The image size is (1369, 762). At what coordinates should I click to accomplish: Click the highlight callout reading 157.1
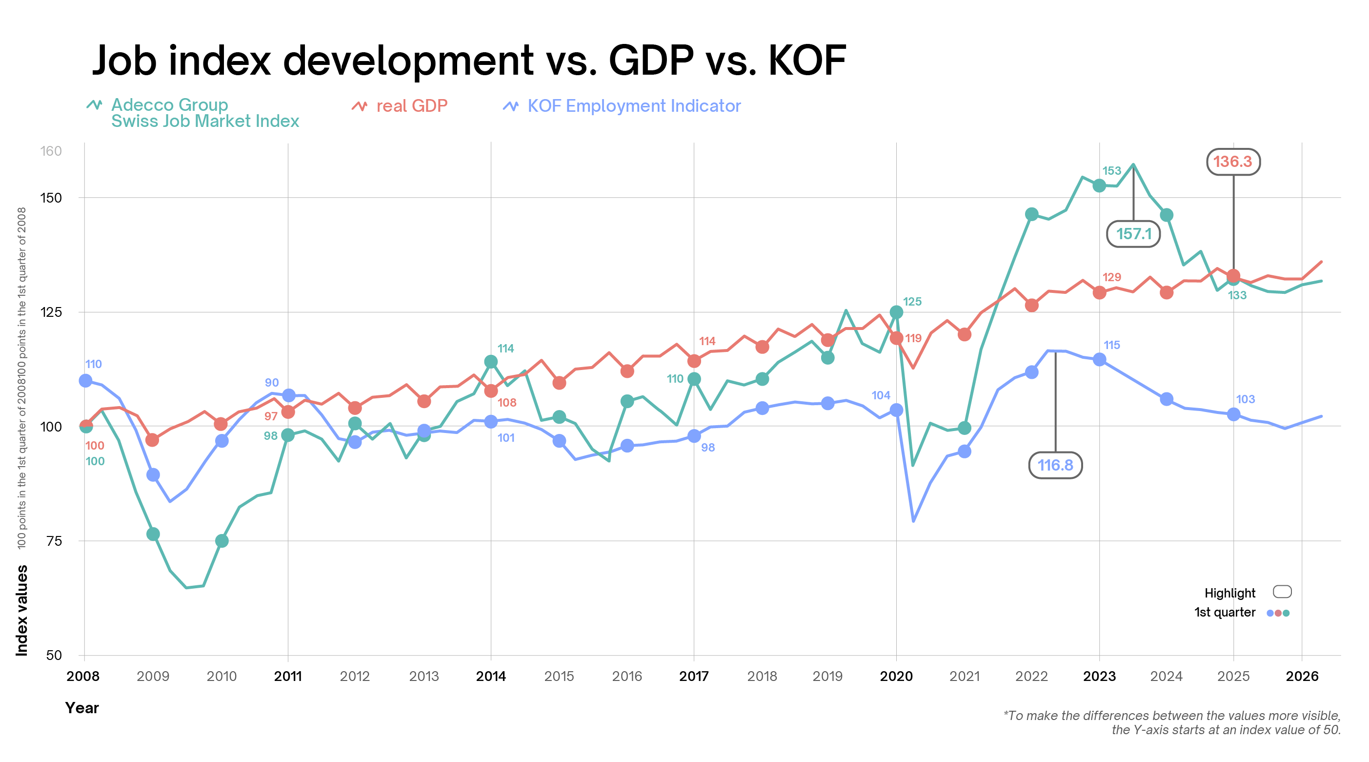tap(1133, 234)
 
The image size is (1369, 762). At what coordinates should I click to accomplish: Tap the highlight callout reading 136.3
tap(1233, 162)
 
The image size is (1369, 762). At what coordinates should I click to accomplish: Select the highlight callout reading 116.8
tap(1055, 465)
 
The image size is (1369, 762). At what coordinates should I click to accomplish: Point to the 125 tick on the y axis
tap(51, 311)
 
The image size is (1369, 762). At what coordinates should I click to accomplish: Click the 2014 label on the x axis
tap(490, 676)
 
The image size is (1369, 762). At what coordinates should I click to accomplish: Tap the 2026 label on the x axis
tap(1302, 676)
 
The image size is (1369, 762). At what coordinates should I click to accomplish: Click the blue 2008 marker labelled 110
tap(85, 381)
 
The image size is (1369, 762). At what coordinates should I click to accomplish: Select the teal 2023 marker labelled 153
tap(1099, 185)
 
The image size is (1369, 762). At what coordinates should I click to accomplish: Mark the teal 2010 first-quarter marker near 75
tap(221, 541)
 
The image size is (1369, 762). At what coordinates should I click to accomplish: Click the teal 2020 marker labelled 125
tap(896, 312)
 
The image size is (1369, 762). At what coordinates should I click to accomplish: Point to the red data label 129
tap(1111, 277)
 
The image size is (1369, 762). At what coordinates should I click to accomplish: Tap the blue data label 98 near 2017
tap(707, 448)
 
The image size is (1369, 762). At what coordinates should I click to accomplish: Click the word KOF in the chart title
tap(807, 60)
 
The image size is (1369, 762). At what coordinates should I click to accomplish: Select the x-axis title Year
tap(82, 708)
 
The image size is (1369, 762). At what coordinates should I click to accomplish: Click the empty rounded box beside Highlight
tap(1282, 592)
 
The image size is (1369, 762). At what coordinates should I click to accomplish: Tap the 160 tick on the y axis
tap(51, 151)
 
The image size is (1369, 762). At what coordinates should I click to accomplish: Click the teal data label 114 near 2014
tap(505, 349)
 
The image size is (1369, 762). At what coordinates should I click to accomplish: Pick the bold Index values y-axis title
tap(22, 611)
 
